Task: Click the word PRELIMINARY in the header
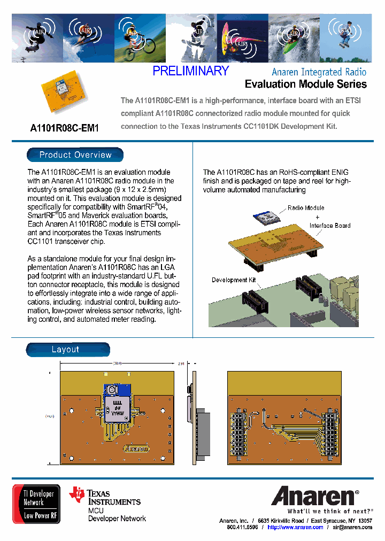point(190,71)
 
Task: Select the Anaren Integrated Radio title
point(319,72)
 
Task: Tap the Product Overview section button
point(75,155)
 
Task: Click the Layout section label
point(65,350)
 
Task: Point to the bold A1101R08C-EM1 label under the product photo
point(65,128)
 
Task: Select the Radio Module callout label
point(306,208)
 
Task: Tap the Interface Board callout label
point(330,226)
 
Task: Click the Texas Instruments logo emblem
point(78,496)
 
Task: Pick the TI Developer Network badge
point(36,504)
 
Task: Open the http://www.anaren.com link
point(295,527)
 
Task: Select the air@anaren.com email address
point(352,527)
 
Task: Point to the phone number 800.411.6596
point(242,527)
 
